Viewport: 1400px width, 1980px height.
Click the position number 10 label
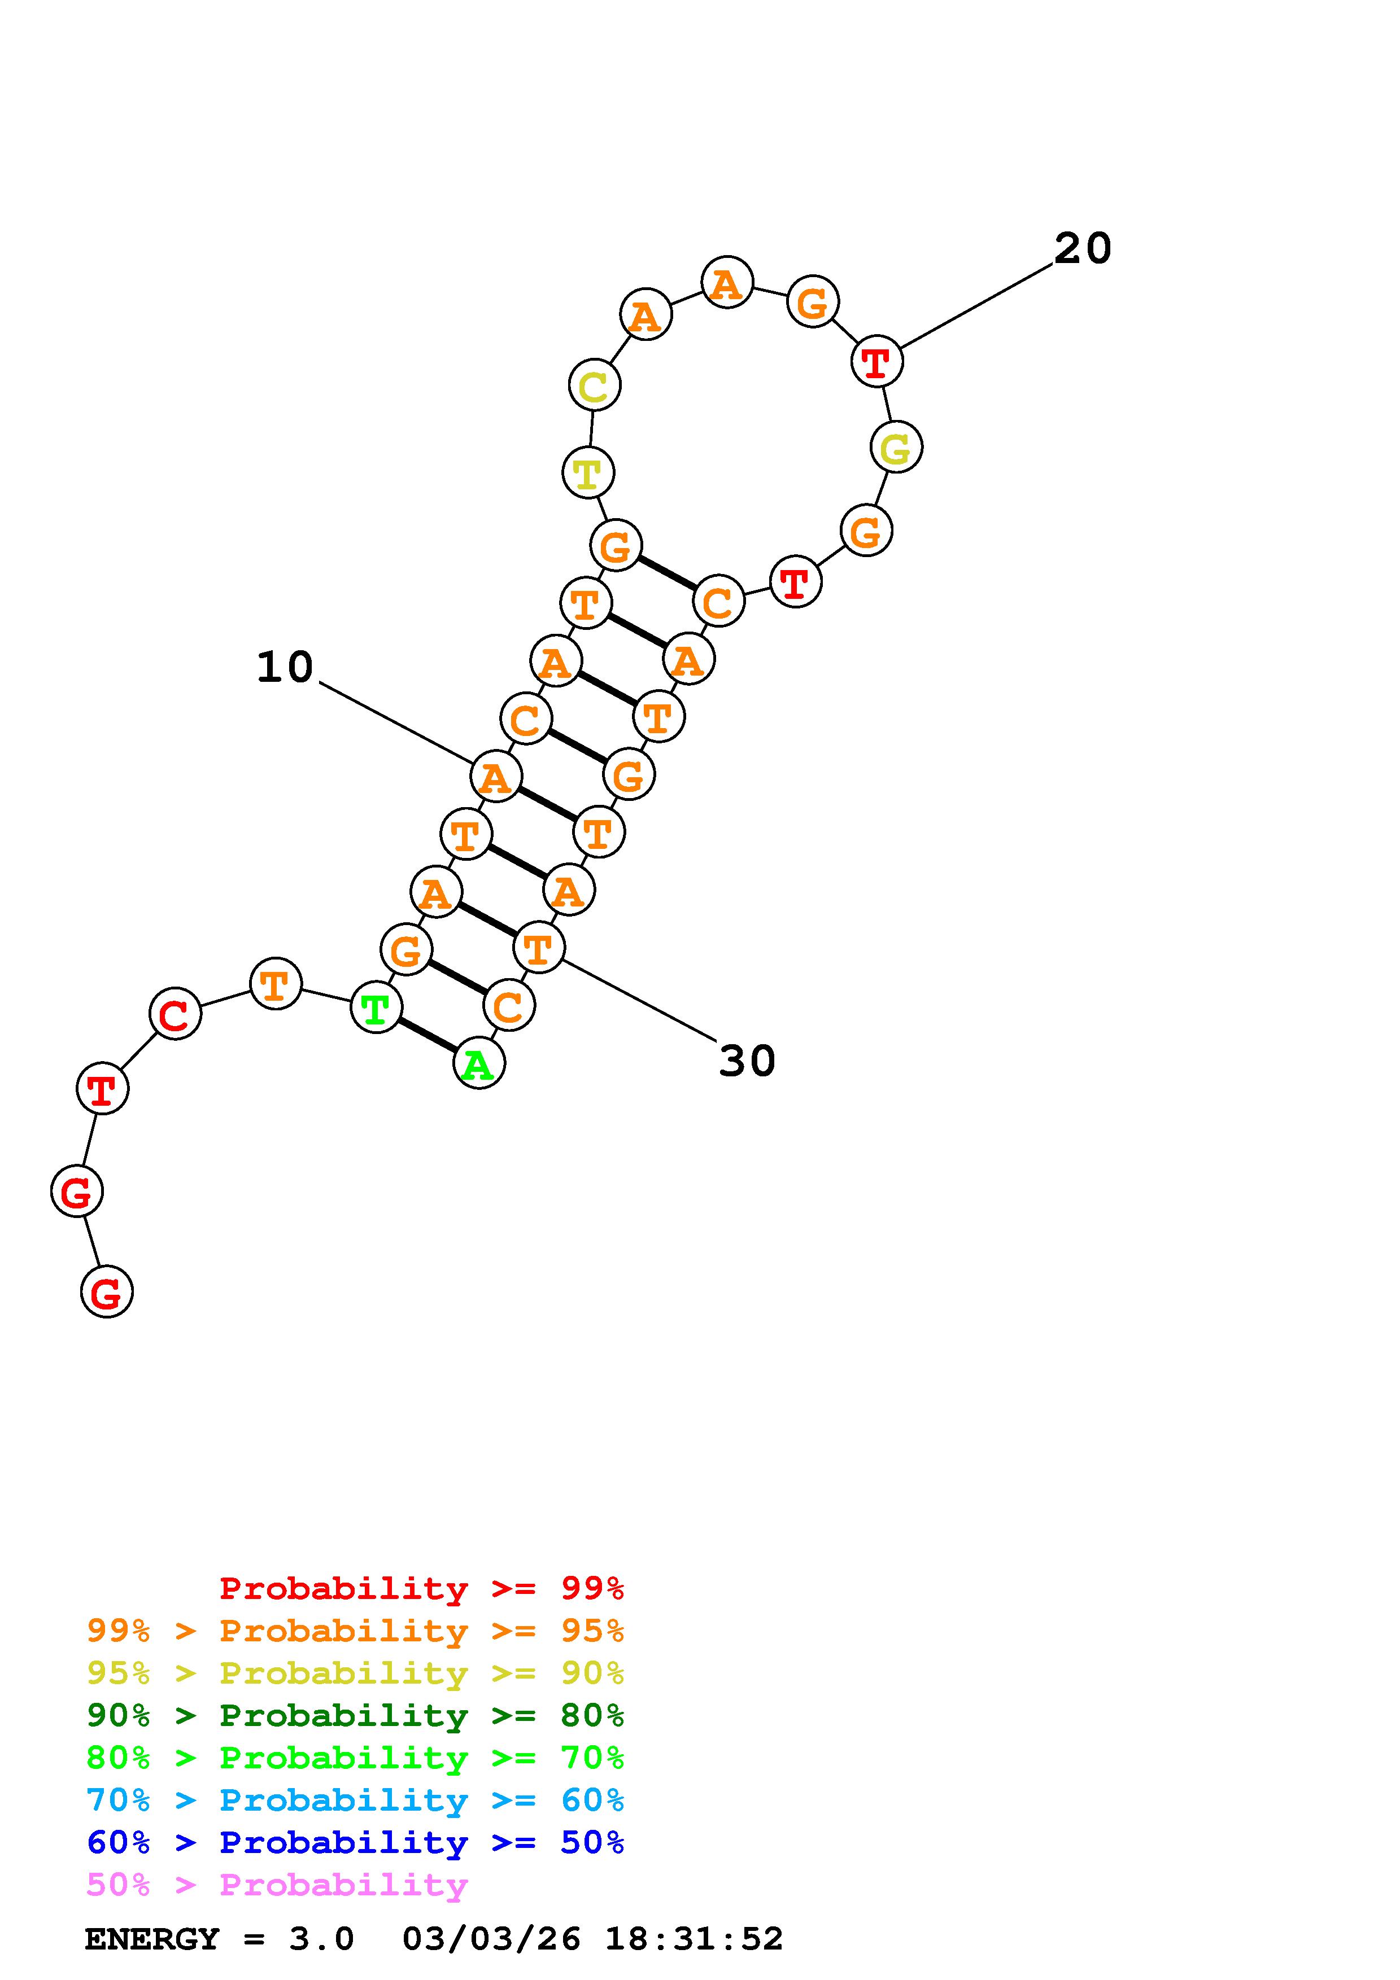[285, 668]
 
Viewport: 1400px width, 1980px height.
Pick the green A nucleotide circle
[479, 1063]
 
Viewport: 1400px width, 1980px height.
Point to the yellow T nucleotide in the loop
[587, 472]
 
